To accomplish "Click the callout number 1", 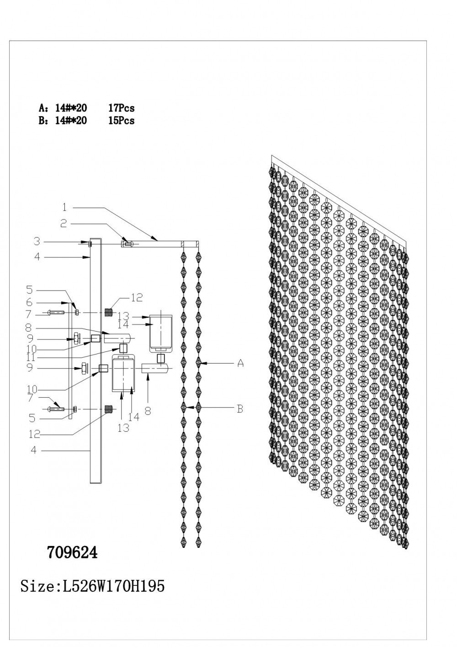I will click(x=64, y=208).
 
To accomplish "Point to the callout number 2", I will click(x=64, y=224).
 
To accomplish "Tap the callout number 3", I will click(x=37, y=241).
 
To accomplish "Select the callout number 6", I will click(x=29, y=302).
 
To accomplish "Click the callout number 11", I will click(x=31, y=356).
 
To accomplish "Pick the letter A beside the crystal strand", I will click(x=240, y=364).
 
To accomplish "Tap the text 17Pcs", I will click(x=121, y=108).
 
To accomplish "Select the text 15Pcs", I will click(x=121, y=121).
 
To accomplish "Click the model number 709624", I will click(x=72, y=552).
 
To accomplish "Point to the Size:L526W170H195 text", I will click(x=92, y=586).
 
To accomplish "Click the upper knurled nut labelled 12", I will click(x=109, y=313).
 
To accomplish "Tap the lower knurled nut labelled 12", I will click(x=109, y=409).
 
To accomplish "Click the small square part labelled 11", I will click(x=122, y=348).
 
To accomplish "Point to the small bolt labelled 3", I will click(x=90, y=244).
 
